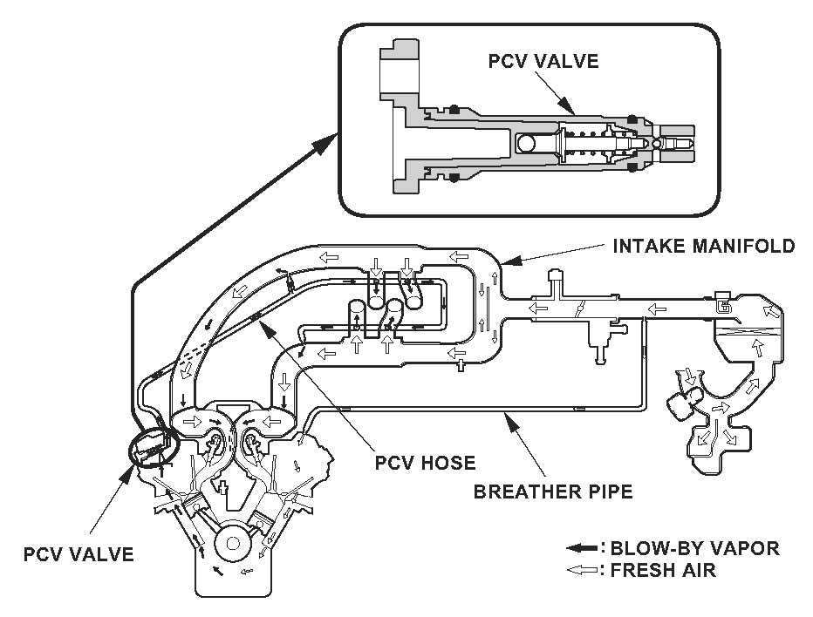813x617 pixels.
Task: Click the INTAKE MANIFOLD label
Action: click(704, 246)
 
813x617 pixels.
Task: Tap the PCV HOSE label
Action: click(425, 462)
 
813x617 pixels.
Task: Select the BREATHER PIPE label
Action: click(553, 492)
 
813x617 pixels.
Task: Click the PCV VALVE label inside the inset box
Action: click(543, 61)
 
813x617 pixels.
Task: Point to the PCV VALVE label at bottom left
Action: click(79, 554)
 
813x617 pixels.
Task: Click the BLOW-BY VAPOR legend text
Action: click(694, 548)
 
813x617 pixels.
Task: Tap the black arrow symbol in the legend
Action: click(582, 548)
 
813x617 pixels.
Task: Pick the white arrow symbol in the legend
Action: click(582, 570)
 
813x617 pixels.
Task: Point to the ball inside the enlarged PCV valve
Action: click(525, 143)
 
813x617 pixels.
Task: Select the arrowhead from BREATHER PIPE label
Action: click(510, 421)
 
